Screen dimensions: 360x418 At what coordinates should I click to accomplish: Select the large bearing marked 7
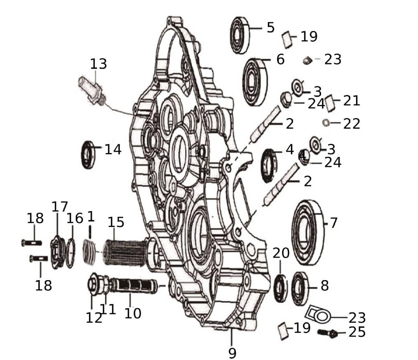[308, 232]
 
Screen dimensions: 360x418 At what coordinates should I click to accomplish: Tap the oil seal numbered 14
[88, 155]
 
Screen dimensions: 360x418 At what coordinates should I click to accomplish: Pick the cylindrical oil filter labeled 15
[124, 252]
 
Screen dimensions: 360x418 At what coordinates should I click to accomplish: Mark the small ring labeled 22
[326, 123]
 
